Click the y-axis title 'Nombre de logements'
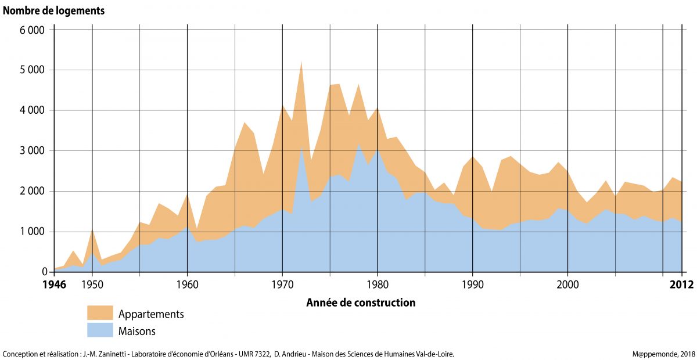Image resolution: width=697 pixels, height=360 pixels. coord(54,10)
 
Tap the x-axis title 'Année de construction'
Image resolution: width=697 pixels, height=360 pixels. coord(360,303)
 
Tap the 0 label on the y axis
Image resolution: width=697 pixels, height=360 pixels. coord(42,272)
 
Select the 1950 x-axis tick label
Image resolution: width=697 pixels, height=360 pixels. coord(92,285)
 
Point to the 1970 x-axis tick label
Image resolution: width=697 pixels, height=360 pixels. coord(282,285)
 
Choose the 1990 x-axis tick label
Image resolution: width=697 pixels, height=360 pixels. coord(473,285)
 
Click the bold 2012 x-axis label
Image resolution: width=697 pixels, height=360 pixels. coord(681,285)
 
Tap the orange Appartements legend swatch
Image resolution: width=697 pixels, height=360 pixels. coord(100,313)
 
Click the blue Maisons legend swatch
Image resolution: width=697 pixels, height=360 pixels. coord(100,330)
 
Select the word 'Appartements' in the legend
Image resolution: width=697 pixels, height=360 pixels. coord(151,314)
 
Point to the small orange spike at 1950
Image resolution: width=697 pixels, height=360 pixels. coord(92,232)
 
